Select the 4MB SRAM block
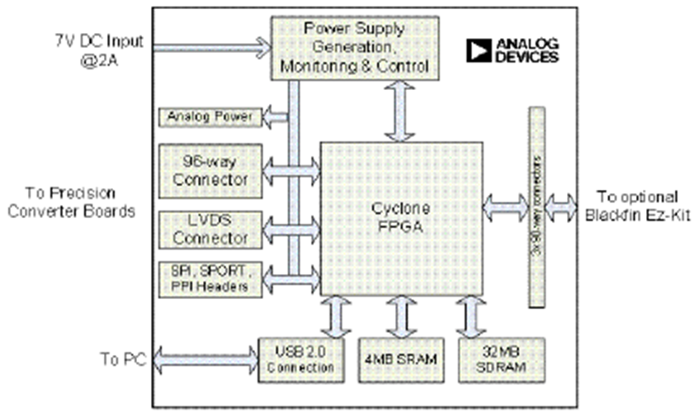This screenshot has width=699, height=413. (x=399, y=359)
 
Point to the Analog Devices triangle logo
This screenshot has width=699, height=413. (x=478, y=51)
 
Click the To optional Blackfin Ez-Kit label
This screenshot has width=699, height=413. (x=638, y=204)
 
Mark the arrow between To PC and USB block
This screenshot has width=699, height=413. (x=204, y=358)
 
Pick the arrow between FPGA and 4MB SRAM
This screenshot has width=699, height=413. (x=399, y=316)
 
